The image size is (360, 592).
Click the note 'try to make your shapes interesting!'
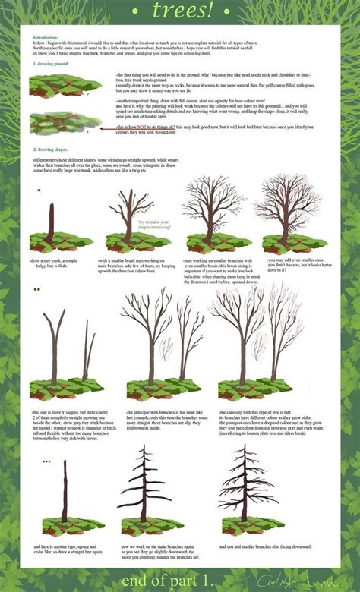click(151, 227)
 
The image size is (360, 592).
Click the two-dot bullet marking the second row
click(36, 289)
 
